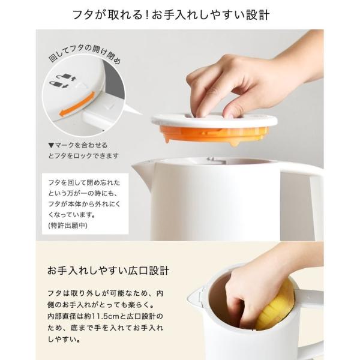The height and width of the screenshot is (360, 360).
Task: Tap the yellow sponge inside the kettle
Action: click(x=276, y=305)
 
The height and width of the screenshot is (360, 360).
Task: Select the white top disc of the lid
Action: click(x=214, y=120)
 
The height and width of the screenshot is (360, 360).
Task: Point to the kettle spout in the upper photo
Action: click(x=142, y=170)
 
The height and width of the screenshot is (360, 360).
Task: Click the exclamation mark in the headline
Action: click(x=147, y=15)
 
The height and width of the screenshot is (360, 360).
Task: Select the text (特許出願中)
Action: click(x=68, y=226)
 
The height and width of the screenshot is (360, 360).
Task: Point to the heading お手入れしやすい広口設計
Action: click(x=108, y=271)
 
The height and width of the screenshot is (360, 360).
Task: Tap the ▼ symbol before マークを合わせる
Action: click(x=51, y=145)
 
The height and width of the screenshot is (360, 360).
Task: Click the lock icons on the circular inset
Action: click(x=61, y=80)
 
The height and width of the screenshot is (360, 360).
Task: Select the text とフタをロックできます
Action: click(x=83, y=156)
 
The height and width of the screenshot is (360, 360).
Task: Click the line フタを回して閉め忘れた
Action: click(x=84, y=183)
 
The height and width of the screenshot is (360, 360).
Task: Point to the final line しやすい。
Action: click(x=64, y=339)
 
